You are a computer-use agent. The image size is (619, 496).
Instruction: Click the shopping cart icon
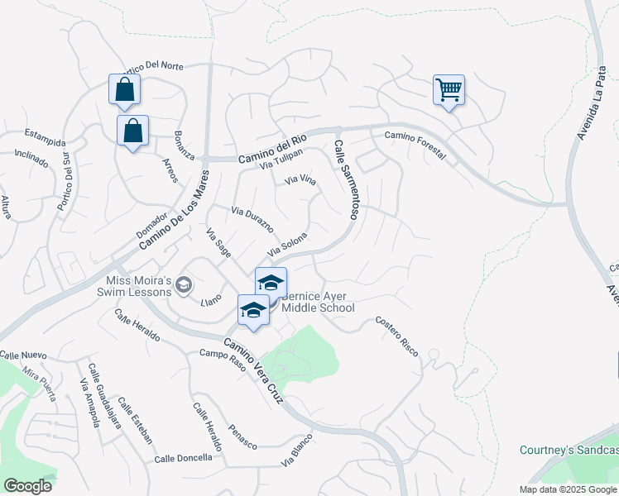pos(449,89)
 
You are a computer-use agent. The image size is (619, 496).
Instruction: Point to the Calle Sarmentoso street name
pos(346,179)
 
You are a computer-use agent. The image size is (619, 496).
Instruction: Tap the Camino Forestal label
pos(415,145)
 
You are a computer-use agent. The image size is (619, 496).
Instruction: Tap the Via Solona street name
pos(288,246)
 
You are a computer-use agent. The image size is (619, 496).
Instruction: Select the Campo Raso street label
pos(222,360)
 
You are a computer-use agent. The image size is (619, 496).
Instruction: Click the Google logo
pos(27,486)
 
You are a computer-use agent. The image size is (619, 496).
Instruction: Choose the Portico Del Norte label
pos(152,65)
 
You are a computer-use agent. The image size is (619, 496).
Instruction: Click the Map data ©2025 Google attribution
pos(569,489)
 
